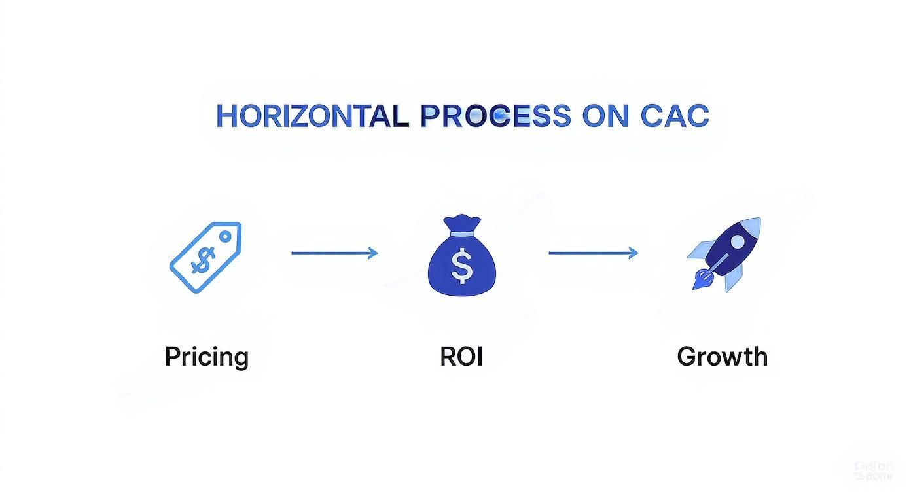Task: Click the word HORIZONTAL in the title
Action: pos(312,116)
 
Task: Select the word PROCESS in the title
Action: pos(495,116)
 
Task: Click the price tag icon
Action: pos(205,257)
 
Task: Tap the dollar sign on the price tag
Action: pos(201,262)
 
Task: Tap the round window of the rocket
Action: pos(738,242)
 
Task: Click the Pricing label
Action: pos(206,357)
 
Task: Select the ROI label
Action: pos(461,357)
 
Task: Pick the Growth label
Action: pos(722,357)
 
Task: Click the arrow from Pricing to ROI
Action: pos(334,253)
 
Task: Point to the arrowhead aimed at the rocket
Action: pos(633,253)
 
